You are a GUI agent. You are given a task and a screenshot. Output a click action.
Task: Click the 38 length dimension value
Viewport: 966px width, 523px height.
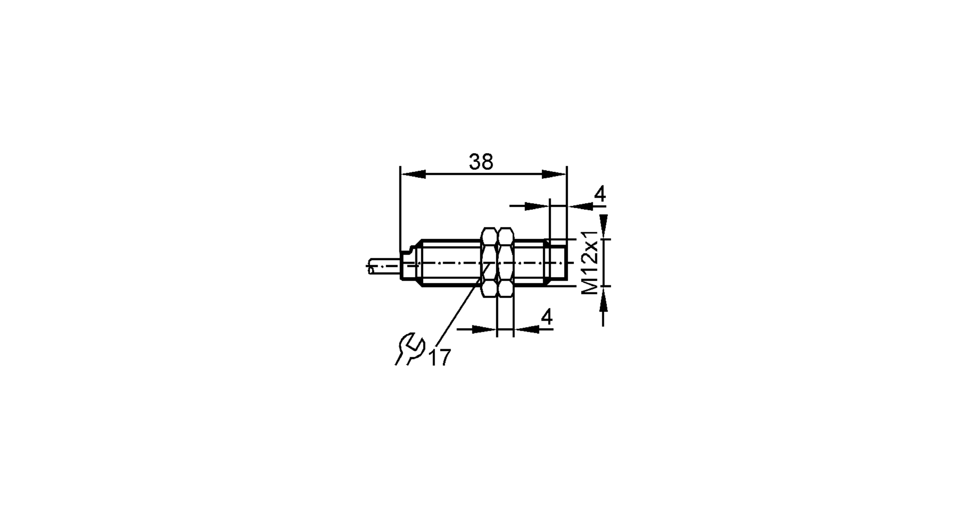[x=481, y=162]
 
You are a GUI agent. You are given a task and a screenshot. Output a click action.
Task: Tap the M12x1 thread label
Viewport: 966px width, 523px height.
[x=590, y=262]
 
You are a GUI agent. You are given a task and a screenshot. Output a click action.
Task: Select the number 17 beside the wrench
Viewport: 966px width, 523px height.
[x=440, y=357]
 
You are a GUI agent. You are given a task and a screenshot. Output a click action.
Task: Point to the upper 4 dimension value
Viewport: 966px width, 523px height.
[x=599, y=194]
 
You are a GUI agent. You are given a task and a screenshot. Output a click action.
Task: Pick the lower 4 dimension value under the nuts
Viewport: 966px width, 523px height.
[x=546, y=317]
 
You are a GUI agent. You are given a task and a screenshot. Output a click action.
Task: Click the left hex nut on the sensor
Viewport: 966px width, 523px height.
[x=490, y=262]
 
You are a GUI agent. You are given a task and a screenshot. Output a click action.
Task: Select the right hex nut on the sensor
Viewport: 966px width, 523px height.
[x=506, y=262]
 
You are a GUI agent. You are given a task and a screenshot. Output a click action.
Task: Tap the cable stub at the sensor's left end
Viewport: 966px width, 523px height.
[x=384, y=267]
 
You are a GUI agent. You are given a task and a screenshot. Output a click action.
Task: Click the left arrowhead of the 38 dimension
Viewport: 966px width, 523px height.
[x=413, y=174]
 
